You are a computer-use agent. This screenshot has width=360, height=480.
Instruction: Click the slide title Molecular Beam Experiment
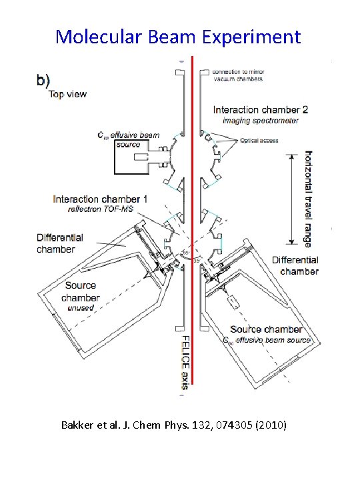(x=178, y=36)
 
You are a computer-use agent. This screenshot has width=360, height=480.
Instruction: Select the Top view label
(x=67, y=94)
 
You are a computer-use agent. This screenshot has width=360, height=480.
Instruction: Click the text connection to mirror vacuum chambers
(x=237, y=75)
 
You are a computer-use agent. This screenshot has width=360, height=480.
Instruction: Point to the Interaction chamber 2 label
(x=260, y=109)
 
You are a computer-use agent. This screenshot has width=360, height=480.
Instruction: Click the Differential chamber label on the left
(x=60, y=243)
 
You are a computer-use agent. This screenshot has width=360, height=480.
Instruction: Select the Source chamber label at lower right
(x=266, y=329)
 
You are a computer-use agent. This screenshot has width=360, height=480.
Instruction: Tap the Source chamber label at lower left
(x=81, y=292)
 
